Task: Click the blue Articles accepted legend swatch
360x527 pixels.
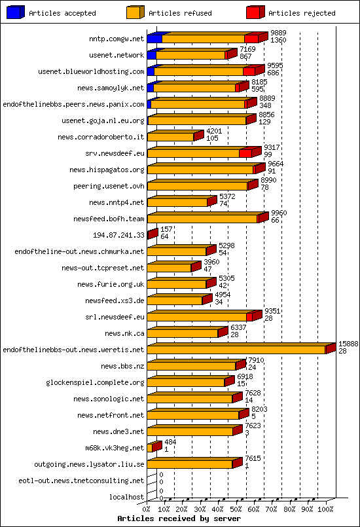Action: [16, 12]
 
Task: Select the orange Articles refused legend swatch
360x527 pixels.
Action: [135, 12]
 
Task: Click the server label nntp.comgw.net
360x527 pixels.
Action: [117, 39]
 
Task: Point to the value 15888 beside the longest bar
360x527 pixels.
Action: [348, 344]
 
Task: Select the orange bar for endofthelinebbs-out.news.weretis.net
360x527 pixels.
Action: [236, 350]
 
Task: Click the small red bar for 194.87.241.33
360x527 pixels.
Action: [152, 234]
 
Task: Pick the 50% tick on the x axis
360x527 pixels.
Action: [236, 508]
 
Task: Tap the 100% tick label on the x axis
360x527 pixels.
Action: [325, 508]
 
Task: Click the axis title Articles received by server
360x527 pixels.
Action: [179, 518]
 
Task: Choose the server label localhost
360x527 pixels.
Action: [126, 497]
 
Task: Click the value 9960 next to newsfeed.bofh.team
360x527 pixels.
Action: [279, 213]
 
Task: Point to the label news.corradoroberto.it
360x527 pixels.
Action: [101, 137]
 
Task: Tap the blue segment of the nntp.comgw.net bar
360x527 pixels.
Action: [154, 39]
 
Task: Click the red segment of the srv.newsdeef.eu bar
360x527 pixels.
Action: [245, 153]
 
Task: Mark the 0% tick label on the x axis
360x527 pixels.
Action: [147, 508]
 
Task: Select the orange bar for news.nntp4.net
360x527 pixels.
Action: [177, 202]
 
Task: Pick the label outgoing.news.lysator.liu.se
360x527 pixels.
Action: [89, 464]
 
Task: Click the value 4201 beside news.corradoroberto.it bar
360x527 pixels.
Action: [214, 131]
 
